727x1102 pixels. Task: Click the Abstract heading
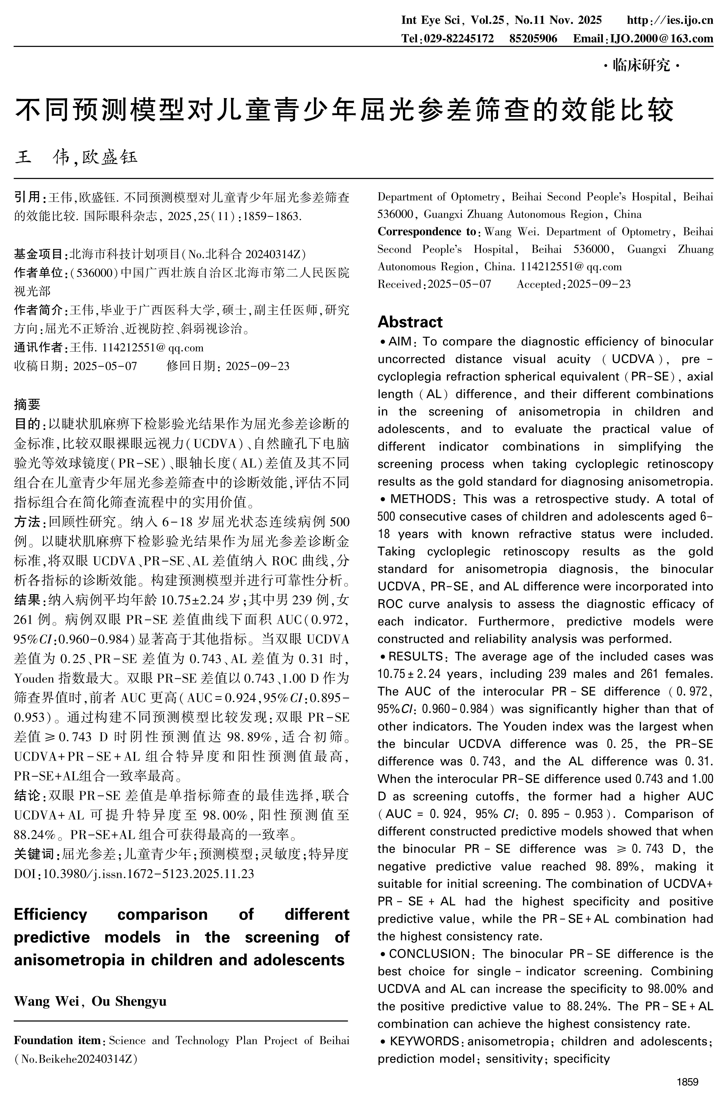click(x=410, y=322)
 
